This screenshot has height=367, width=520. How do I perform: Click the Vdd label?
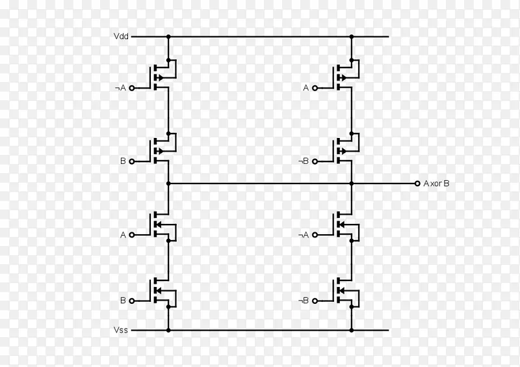pyautogui.click(x=121, y=36)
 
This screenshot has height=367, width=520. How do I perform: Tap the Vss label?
pyautogui.click(x=120, y=330)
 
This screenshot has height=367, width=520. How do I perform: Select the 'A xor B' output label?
pyautogui.click(x=436, y=183)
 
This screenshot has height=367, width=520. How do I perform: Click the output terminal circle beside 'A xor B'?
pyautogui.click(x=417, y=183)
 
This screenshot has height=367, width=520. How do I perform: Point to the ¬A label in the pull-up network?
pyautogui.click(x=120, y=88)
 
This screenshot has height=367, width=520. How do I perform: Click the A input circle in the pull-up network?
pyautogui.click(x=315, y=88)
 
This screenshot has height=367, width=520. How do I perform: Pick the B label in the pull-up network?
pyautogui.click(x=123, y=161)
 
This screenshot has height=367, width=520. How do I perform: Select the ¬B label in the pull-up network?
pyautogui.click(x=303, y=161)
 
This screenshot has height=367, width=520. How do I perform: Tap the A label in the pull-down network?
pyautogui.click(x=123, y=235)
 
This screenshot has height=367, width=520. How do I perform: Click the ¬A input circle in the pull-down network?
pyautogui.click(x=315, y=235)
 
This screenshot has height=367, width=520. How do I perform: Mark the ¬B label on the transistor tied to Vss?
pyautogui.click(x=303, y=301)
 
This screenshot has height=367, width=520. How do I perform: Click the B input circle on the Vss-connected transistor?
pyautogui.click(x=132, y=301)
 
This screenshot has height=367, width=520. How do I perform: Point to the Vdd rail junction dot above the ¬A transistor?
pyautogui.click(x=168, y=36)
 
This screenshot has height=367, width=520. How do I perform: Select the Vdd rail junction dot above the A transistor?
pyautogui.click(x=352, y=36)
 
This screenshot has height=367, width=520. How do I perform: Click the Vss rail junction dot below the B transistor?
pyautogui.click(x=168, y=330)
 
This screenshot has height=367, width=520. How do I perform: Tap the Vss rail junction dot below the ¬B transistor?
pyautogui.click(x=352, y=330)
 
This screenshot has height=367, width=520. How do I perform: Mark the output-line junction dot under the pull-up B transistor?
pyautogui.click(x=168, y=183)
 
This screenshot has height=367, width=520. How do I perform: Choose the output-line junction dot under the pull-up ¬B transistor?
pyautogui.click(x=352, y=183)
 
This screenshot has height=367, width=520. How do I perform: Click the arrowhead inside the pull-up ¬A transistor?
pyautogui.click(x=161, y=77)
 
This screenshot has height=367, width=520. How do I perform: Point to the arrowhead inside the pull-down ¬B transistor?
pyautogui.click(x=341, y=291)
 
